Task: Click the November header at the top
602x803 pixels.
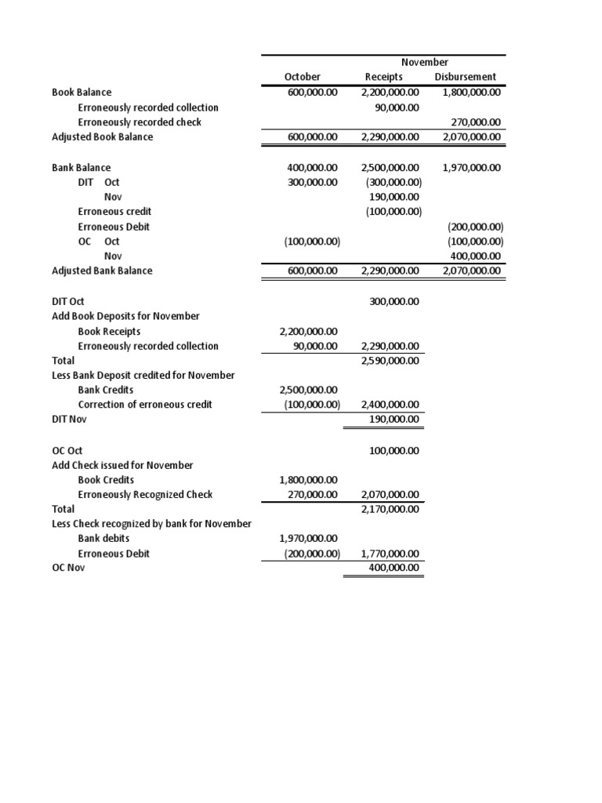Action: click(x=424, y=62)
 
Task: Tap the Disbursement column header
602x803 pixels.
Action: click(x=465, y=77)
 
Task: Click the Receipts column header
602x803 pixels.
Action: click(x=384, y=77)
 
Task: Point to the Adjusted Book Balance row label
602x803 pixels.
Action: click(x=102, y=137)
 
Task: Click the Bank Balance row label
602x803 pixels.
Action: click(x=82, y=168)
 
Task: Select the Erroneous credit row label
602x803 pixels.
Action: click(x=114, y=212)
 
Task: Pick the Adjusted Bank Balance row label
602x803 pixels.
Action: click(x=102, y=271)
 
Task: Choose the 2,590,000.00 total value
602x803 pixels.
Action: click(x=390, y=361)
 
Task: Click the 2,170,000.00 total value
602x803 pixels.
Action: click(x=390, y=510)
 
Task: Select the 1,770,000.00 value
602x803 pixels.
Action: click(x=390, y=554)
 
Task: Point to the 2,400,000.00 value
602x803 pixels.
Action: click(x=390, y=405)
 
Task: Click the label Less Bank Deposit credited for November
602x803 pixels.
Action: click(x=143, y=376)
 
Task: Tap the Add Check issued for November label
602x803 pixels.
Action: click(x=122, y=465)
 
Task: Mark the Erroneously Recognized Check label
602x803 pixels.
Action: click(x=145, y=495)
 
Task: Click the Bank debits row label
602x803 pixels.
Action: click(x=104, y=539)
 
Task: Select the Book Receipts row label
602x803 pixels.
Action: click(x=109, y=332)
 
